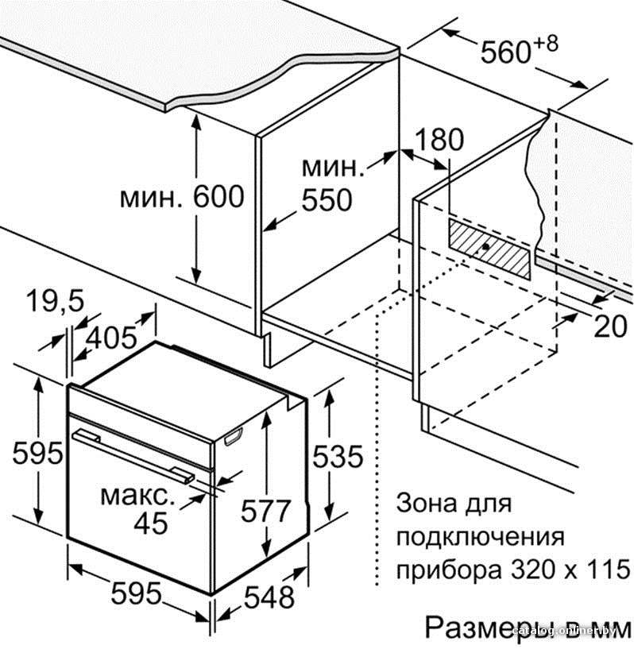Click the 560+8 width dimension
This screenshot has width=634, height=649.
pos(519,50)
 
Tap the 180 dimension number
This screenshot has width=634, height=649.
pos(439,140)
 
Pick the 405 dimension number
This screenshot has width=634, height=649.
pos(111,338)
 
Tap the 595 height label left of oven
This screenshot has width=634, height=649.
pos(37,453)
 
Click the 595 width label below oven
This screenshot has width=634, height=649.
pos(136,593)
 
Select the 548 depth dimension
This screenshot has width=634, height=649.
pos(269,597)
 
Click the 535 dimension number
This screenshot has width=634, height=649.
pos(338,456)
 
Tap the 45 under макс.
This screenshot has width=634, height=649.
pos(151,523)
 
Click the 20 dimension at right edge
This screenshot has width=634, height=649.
pos(610,326)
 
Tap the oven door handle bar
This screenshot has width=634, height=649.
pos(133,456)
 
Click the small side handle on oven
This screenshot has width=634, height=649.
pos(234,436)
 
